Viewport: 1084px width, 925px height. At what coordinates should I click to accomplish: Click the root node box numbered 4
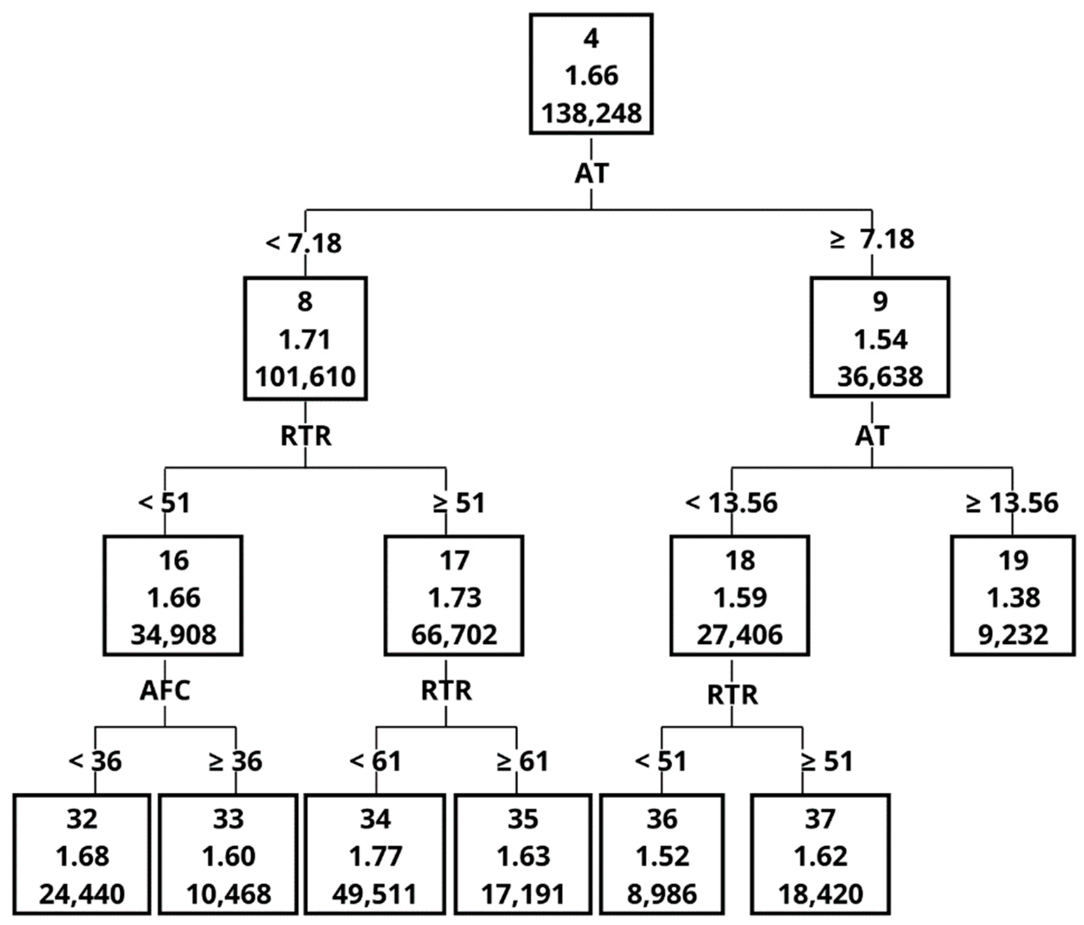click(x=591, y=74)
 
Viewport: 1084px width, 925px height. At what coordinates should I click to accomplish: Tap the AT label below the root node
click(x=591, y=173)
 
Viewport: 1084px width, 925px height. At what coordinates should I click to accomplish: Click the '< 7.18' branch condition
click(x=304, y=243)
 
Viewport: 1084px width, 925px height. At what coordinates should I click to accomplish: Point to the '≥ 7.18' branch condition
click(x=872, y=239)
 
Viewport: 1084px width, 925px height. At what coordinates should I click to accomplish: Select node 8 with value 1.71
click(x=305, y=338)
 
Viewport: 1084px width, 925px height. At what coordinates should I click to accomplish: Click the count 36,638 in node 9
click(x=880, y=377)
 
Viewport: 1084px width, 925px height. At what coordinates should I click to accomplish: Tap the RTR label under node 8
click(x=306, y=436)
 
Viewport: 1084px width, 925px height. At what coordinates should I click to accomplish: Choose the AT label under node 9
click(x=872, y=436)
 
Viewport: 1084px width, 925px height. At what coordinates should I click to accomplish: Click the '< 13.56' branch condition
click(x=731, y=503)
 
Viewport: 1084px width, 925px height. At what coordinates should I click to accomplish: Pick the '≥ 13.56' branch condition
click(x=1012, y=503)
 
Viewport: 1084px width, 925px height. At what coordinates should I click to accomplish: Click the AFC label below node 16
click(x=165, y=691)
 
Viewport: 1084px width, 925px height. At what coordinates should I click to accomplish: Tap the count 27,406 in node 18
click(x=740, y=635)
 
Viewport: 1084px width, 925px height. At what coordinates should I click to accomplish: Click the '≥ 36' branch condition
click(x=235, y=761)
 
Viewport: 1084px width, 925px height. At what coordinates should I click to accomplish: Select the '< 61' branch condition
click(x=375, y=761)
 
